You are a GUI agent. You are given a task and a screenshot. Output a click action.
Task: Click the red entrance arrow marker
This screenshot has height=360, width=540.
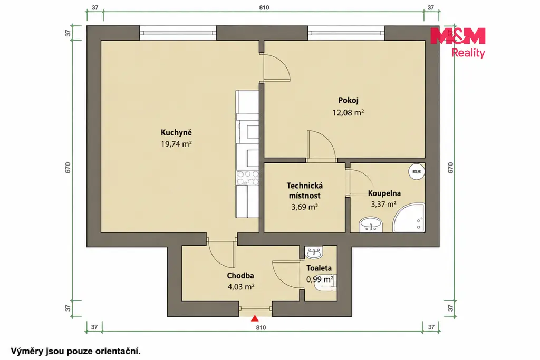point(255,318)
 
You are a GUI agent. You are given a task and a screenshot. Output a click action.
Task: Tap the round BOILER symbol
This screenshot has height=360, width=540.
point(417,171)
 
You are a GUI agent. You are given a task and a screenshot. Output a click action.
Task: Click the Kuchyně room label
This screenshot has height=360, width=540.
point(176,132)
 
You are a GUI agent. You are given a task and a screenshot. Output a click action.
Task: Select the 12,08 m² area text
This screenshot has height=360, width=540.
point(348,113)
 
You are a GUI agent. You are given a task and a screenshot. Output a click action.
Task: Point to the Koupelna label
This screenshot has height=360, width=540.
point(384,193)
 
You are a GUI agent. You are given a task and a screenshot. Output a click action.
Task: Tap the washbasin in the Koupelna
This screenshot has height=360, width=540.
point(371,225)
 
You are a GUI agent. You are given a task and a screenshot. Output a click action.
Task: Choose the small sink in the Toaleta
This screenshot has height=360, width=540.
point(314,252)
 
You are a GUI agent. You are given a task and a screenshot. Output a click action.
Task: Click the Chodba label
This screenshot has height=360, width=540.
point(240,276)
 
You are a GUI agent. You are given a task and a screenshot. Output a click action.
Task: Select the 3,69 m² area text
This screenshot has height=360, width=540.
point(304,207)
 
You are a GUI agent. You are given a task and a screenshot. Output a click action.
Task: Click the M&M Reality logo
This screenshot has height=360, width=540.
point(458,43)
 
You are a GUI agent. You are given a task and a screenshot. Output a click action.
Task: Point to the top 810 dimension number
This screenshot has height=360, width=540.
point(264,7)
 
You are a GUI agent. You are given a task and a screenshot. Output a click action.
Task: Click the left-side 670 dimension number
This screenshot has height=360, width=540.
point(68,167)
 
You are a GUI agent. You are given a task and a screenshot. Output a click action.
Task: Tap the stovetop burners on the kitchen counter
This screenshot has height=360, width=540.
point(248,178)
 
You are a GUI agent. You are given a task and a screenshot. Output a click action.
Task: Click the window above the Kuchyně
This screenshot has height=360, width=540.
point(178,33)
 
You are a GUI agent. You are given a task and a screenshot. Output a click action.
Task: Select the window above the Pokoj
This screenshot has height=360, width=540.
point(346,33)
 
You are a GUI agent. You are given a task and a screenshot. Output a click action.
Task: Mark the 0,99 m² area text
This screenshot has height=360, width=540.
point(320,279)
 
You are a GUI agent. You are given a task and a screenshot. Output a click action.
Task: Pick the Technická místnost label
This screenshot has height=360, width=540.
point(304,191)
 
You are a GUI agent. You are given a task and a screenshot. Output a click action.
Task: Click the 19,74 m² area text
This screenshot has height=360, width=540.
point(176,144)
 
